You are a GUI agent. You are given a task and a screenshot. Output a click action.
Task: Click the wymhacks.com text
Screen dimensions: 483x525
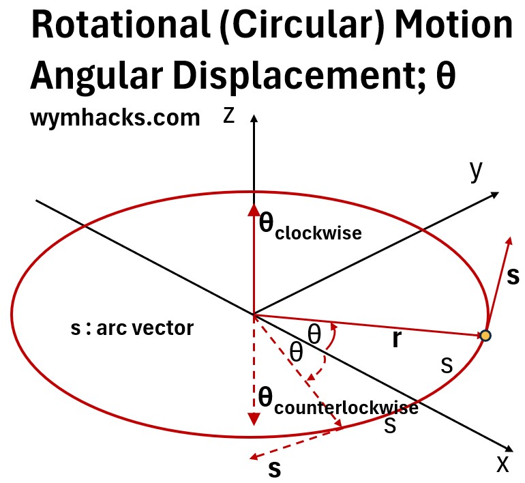115,118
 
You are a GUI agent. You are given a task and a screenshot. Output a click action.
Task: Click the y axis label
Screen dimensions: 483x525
476,171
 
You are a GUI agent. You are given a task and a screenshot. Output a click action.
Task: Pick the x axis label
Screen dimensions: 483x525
502,463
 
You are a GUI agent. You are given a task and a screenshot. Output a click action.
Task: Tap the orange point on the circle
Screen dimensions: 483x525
485,335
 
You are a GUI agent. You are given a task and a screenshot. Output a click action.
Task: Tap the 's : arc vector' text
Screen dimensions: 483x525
132,328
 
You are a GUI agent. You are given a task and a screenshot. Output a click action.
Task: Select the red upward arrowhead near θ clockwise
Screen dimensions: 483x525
254,210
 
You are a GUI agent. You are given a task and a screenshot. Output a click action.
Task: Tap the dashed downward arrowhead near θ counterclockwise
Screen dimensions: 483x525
254,418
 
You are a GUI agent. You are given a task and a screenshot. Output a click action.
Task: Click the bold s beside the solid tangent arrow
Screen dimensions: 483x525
513,275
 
